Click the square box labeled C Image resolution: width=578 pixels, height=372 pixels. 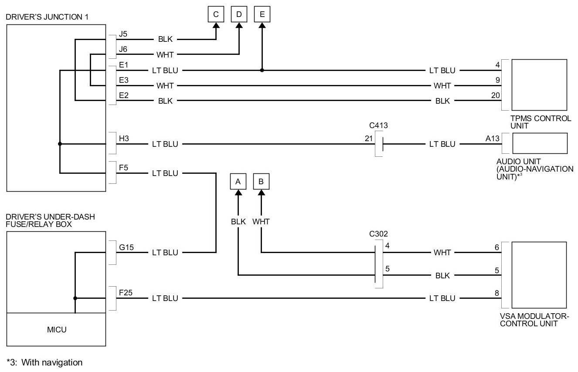[216, 14]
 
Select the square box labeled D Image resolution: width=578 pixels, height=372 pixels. [239, 14]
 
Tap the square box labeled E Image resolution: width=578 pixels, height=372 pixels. [262, 14]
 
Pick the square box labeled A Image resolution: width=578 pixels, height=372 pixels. [238, 182]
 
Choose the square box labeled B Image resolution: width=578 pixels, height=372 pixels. [261, 182]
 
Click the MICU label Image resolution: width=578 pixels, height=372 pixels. [57, 329]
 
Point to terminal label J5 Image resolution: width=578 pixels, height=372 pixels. [123, 34]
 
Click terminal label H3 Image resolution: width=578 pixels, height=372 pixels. [124, 139]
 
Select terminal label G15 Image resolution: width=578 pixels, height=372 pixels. [126, 247]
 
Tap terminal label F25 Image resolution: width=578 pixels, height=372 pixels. [126, 293]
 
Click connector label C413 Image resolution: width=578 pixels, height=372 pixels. [378, 125]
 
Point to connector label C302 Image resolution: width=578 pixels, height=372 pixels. [378, 234]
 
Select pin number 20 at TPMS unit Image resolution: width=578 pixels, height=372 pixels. [496, 95]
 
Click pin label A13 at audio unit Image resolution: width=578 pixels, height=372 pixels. [493, 139]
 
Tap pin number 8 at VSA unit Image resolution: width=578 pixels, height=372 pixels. [497, 293]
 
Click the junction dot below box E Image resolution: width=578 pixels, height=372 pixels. [262, 70]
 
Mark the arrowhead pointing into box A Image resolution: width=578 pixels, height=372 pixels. [238, 193]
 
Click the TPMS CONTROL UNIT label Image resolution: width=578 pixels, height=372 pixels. [541, 122]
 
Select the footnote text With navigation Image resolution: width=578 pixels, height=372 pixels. [52, 362]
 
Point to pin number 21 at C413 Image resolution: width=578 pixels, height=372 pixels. [369, 139]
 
